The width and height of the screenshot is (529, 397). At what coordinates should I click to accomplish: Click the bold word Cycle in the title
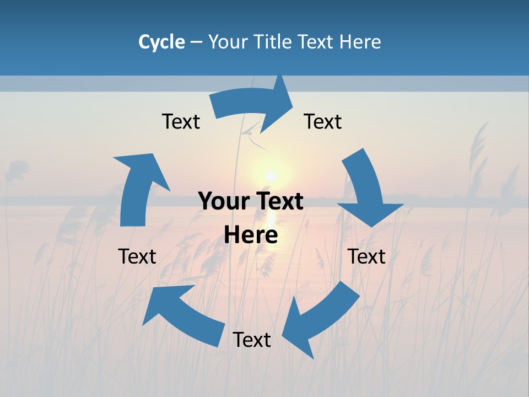161,42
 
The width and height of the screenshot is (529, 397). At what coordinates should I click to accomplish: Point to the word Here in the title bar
360,42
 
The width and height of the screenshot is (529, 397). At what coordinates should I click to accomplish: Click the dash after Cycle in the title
196,42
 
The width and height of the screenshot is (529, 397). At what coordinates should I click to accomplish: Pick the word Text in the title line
316,42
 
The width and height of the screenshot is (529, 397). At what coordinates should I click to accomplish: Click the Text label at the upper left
181,121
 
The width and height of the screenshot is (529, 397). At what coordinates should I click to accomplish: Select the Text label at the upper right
323,121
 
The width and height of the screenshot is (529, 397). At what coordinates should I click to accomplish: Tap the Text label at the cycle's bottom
252,340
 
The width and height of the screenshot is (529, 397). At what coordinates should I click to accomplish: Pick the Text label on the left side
137,256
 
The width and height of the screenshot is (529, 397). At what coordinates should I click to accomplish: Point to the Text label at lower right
366,256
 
